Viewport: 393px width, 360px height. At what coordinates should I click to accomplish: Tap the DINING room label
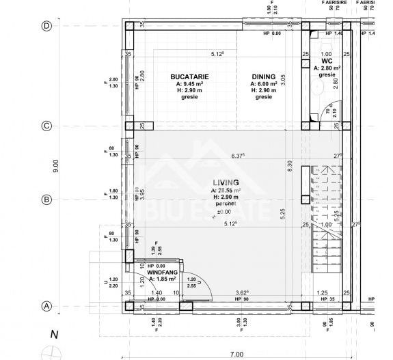[x=263, y=77]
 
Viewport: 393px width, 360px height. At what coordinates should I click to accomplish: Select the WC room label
[x=327, y=61]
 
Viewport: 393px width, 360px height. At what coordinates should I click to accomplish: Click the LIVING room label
[x=226, y=182]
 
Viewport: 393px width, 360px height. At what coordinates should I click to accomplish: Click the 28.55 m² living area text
[x=226, y=190]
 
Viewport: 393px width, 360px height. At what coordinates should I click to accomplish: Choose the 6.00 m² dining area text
[x=263, y=85]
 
